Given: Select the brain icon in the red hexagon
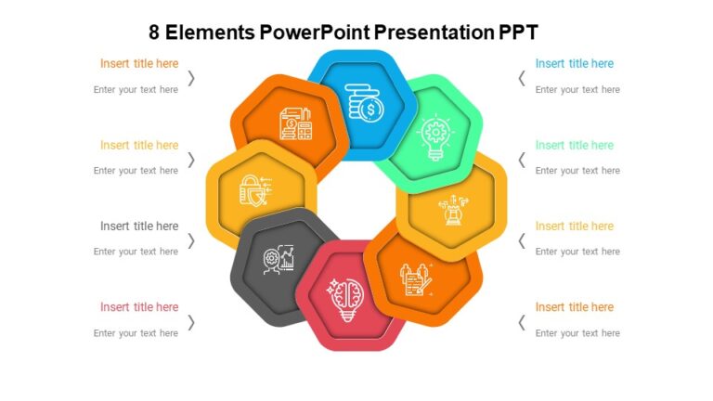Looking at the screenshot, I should [x=344, y=298].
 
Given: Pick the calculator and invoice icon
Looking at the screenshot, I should [x=295, y=124].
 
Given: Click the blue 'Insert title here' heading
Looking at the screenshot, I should [x=574, y=64].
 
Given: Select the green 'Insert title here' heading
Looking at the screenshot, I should [x=574, y=145].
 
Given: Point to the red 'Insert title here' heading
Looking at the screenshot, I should [x=139, y=307].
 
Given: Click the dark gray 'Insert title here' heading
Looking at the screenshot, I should [x=139, y=226].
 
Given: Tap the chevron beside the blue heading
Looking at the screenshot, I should [x=522, y=78].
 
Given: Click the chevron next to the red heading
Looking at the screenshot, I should [x=191, y=322].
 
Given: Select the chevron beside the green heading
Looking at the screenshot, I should [x=522, y=160].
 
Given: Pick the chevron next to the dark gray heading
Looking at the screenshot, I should [x=191, y=240].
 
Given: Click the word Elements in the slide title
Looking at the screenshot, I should [x=211, y=32].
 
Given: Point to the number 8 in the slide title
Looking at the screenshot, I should [x=154, y=32].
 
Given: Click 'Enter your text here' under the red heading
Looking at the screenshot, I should [x=136, y=333].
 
